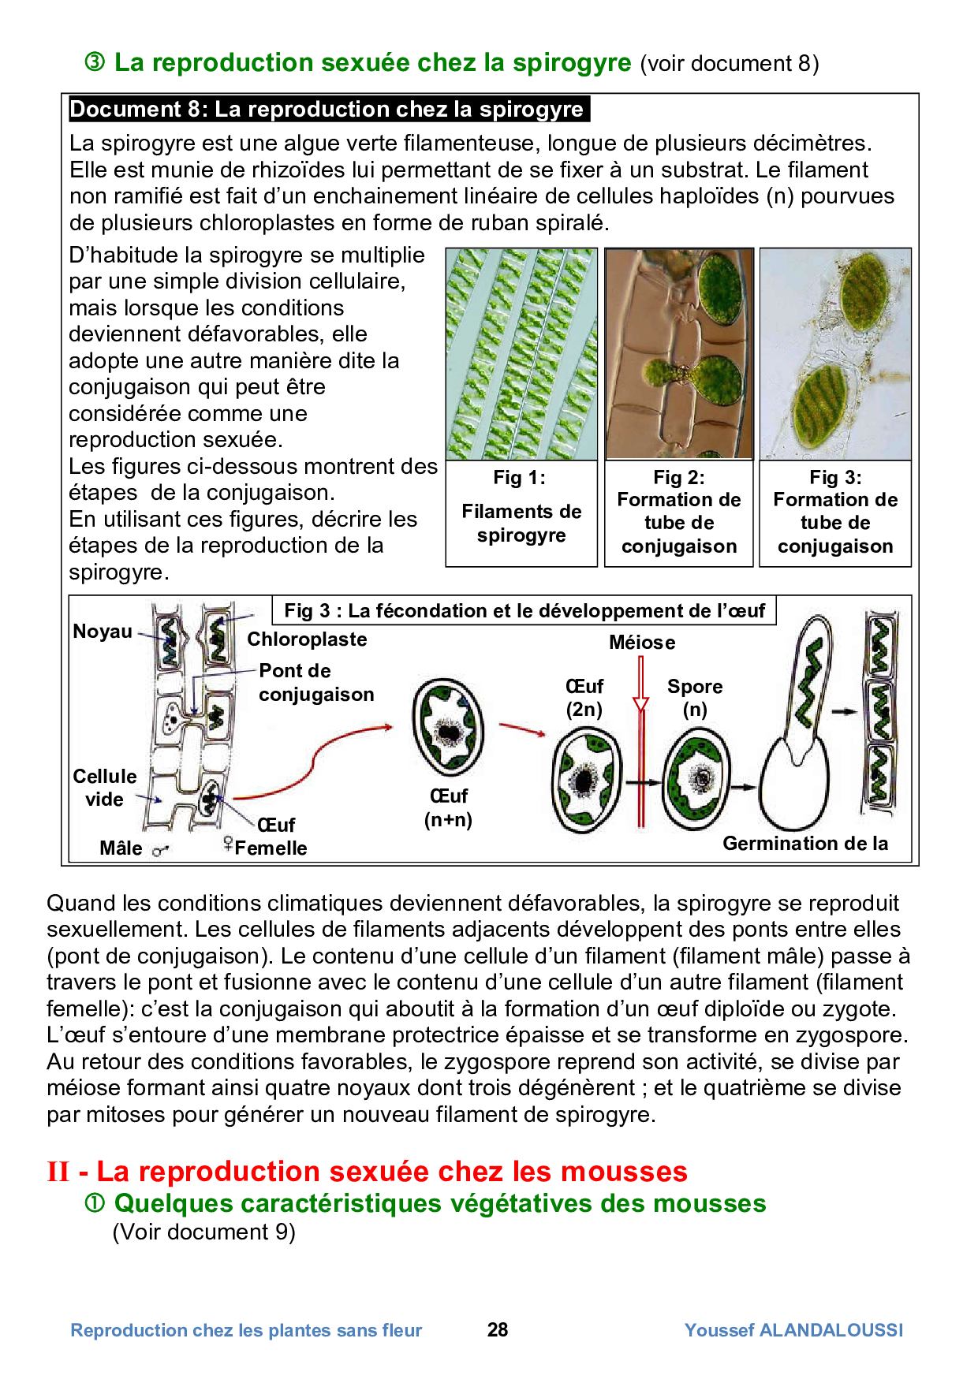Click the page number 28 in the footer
click(498, 1330)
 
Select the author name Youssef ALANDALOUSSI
click(793, 1330)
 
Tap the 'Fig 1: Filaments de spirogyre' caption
click(521, 512)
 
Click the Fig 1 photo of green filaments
click(521, 354)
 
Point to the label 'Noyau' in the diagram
click(103, 632)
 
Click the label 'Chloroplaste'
click(307, 639)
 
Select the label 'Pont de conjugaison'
click(315, 682)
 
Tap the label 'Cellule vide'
click(104, 788)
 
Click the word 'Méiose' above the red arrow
click(641, 643)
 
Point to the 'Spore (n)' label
click(694, 698)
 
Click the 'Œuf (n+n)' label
click(447, 808)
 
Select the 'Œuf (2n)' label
click(584, 698)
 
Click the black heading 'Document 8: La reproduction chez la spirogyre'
click(328, 110)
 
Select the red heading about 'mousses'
click(368, 1171)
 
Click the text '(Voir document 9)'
click(203, 1232)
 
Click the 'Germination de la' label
click(804, 844)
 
